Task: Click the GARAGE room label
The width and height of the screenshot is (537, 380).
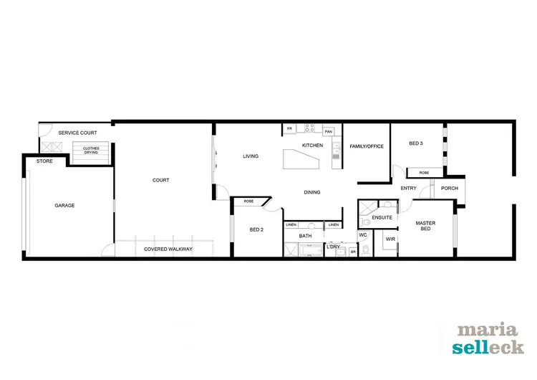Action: coord(64,206)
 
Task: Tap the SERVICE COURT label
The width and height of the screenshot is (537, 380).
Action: coord(77,133)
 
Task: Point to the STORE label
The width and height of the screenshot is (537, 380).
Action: coord(44,161)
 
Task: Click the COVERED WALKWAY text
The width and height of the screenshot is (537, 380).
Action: coord(166,249)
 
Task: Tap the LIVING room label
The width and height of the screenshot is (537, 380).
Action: coord(250,156)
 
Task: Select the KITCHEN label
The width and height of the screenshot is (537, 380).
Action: coord(312,146)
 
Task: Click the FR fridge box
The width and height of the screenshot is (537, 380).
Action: coord(290,129)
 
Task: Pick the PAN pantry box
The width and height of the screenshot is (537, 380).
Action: coord(328,132)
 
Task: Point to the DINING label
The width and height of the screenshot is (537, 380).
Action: coord(311,192)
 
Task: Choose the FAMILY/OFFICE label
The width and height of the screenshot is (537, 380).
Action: coord(367,146)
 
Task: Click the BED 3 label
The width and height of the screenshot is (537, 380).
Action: coord(415,143)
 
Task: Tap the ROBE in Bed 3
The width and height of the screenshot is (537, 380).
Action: coord(424,173)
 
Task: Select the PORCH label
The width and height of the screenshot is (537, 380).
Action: coord(450,189)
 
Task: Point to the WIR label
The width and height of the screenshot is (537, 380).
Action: coord(390,239)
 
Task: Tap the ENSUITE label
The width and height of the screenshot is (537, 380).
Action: coord(382,217)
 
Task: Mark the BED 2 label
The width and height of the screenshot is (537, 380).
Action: coord(257,229)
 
